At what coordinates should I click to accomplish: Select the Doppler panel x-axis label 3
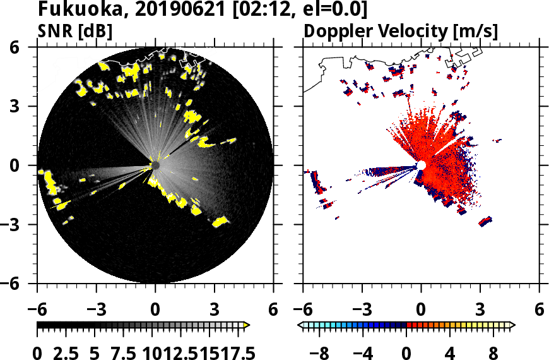pos(480,310)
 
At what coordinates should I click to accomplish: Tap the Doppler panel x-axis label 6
pos(539,310)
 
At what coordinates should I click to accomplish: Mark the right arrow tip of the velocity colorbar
pos(513,325)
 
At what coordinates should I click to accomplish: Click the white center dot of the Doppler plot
pos(421,165)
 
